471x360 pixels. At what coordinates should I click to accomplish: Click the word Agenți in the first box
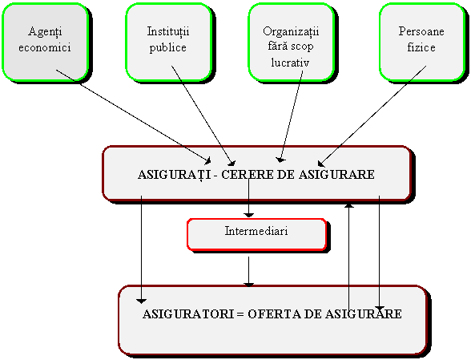46,32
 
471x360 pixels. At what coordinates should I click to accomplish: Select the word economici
45,47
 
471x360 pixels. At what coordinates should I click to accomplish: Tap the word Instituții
168,31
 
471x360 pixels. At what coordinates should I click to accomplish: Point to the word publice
168,48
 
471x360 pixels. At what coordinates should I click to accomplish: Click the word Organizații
291,32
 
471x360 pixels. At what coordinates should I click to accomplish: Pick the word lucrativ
290,63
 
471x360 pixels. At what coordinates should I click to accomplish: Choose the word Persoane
421,31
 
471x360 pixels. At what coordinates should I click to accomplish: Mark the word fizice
421,47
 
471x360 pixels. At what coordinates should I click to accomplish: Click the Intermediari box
257,235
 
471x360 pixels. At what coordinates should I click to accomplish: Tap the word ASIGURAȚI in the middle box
175,175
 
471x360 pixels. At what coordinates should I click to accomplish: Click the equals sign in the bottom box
240,314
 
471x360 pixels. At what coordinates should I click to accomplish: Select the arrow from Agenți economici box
133,117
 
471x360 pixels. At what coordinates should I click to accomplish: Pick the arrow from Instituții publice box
203,115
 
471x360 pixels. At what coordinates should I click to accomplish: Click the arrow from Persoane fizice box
372,116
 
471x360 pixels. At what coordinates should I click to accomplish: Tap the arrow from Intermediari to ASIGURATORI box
248,272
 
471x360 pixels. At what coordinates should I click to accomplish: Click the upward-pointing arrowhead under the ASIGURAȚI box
348,205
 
